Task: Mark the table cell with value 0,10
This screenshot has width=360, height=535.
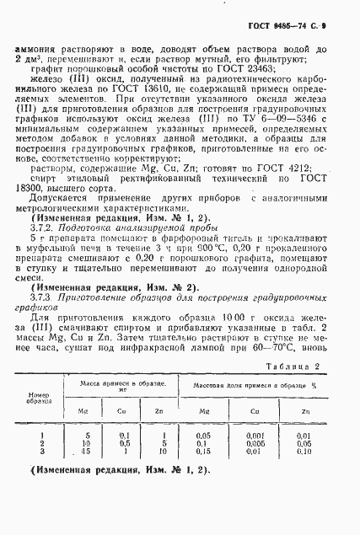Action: pos(304,475)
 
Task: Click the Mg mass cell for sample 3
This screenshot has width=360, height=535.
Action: pos(89,475)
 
